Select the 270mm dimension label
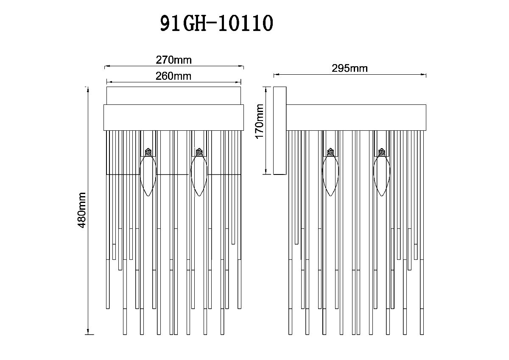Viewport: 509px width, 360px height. [174, 60]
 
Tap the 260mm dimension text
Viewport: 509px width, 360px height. [173, 76]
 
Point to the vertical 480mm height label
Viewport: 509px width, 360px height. [82, 210]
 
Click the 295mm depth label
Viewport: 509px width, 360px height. [350, 68]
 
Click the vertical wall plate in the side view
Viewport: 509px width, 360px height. [280, 130]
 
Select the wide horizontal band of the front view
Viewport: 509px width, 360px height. [174, 118]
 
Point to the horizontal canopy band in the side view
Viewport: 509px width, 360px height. [356, 118]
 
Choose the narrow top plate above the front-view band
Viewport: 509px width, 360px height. [173, 96]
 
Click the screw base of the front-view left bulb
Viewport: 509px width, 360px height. [148, 151]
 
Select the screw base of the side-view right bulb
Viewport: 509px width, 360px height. [381, 151]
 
